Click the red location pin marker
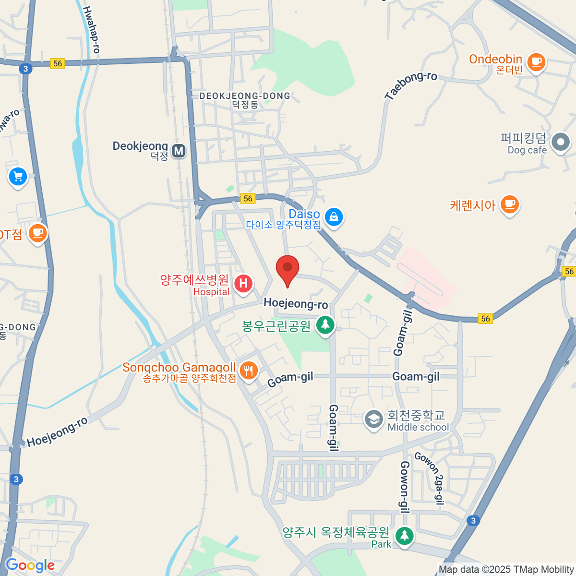tap(288, 269)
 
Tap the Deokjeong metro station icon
tap(179, 151)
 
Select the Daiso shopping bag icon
tap(334, 217)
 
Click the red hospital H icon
tap(243, 283)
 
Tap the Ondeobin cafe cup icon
tap(536, 62)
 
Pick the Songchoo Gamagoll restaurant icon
tap(248, 371)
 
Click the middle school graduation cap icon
tap(373, 419)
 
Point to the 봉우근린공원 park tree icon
tap(325, 325)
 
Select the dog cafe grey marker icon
tap(560, 142)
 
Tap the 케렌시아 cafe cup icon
tap(509, 205)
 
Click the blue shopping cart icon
tap(18, 177)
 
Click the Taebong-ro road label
tap(411, 85)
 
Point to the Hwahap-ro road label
tap(91, 30)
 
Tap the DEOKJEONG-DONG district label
tap(245, 96)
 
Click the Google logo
tap(30, 565)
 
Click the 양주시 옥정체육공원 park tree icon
tap(404, 535)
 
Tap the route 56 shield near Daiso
tap(248, 198)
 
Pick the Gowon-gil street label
tap(405, 487)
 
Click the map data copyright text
tap(506, 570)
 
